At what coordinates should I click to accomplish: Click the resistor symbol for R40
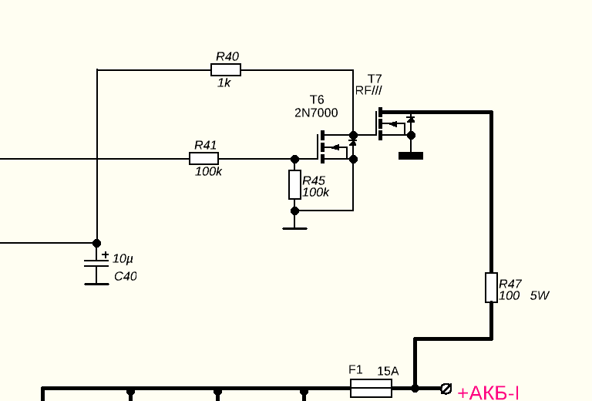225,70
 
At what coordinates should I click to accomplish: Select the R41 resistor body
203,159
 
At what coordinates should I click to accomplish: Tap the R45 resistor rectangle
294,184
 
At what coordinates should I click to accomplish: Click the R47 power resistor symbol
491,287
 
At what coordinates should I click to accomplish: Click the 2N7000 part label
316,113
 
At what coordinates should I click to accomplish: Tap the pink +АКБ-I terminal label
488,393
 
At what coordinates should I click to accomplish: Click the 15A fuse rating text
388,371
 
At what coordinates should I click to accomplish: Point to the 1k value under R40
224,83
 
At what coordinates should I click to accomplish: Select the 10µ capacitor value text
123,259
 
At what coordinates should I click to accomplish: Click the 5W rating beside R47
540,295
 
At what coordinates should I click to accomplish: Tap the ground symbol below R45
294,227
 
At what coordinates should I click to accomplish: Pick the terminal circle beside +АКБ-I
445,388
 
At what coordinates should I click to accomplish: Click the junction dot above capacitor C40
96,242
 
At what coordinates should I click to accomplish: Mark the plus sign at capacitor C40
105,254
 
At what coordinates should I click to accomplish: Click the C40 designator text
125,276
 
